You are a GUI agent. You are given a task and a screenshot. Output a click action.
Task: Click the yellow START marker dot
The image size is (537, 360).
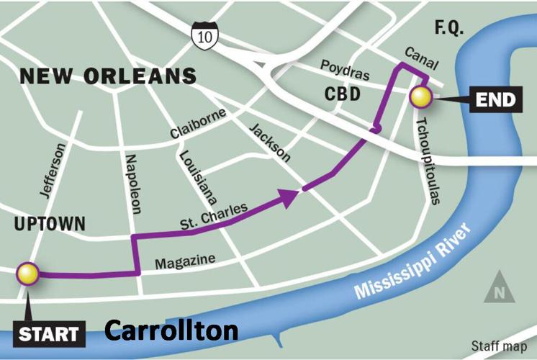[x=28, y=274]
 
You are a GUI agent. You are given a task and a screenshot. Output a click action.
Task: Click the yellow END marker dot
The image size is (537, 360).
[x=420, y=97]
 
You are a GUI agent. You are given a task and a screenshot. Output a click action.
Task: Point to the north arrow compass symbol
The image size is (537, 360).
[x=499, y=289]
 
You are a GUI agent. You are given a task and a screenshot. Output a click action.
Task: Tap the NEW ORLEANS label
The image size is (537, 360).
[x=108, y=76]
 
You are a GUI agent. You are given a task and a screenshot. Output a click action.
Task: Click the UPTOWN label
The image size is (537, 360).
[x=45, y=225]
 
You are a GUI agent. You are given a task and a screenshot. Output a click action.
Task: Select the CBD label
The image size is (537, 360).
[x=342, y=94]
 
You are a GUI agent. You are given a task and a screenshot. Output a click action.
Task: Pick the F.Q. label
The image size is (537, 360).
[x=451, y=29]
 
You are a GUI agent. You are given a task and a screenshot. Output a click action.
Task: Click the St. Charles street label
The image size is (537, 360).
[x=215, y=217]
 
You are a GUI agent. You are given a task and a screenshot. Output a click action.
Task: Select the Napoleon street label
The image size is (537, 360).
[x=132, y=184]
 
